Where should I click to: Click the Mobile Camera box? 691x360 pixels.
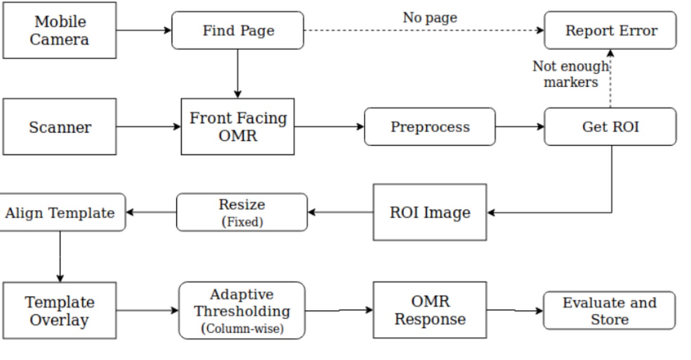59,30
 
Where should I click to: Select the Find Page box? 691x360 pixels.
238,30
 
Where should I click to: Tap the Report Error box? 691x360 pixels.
610,30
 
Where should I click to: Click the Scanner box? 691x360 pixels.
59,127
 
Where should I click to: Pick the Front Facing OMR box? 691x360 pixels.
238,127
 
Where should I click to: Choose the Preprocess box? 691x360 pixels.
430,127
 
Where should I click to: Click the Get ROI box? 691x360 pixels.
610,127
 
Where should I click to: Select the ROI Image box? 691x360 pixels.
430,212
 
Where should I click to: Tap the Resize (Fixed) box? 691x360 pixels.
242,212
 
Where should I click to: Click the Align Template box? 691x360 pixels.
60,212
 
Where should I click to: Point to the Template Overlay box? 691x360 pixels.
59,311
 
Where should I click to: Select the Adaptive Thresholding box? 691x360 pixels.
242,311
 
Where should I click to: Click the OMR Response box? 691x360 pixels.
430,310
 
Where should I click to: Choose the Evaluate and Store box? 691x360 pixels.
609,311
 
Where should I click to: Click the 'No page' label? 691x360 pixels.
430,18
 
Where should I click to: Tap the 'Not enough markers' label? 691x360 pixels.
570,74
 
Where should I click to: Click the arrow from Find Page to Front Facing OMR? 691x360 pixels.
238,74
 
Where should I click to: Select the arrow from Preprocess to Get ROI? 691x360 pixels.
520,127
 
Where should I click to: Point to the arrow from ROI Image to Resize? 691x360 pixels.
341,212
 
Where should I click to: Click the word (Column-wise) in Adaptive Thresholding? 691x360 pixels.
243,328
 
